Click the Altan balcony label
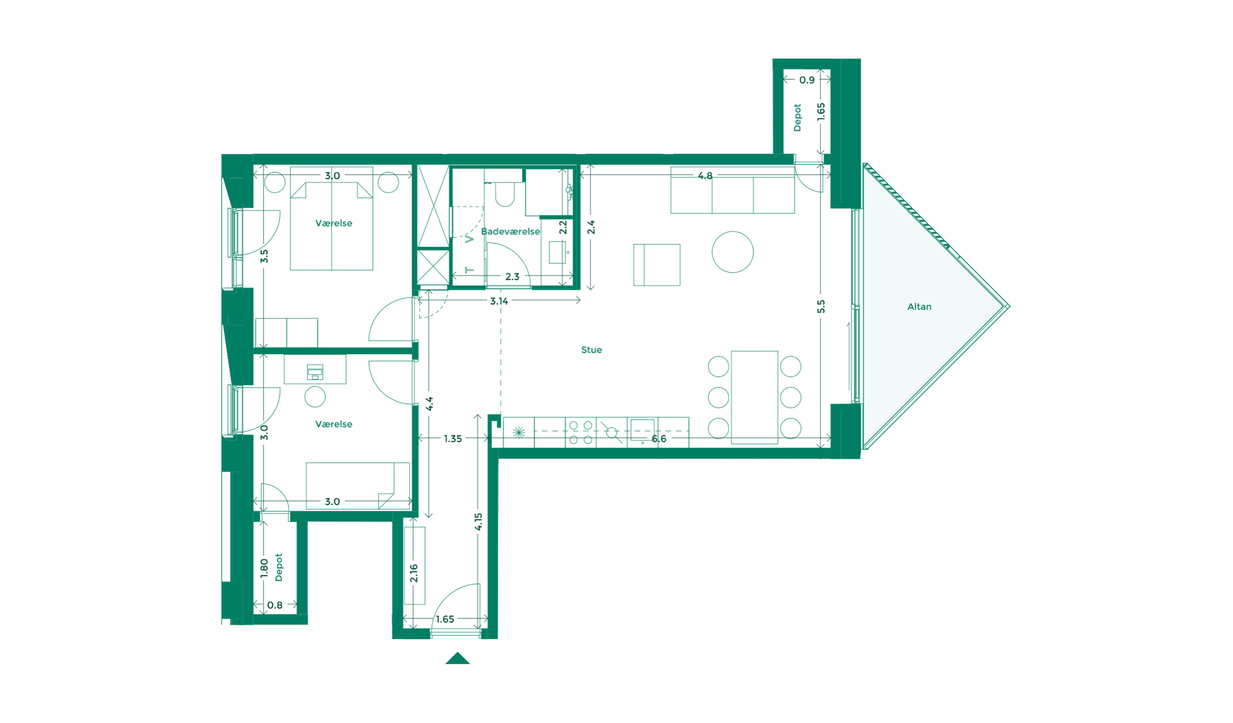tap(919, 307)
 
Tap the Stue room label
tap(591, 350)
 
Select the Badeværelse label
tap(510, 231)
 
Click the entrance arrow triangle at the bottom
tap(457, 659)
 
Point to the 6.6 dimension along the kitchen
tap(658, 439)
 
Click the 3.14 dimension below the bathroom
tap(499, 301)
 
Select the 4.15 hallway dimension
tap(478, 522)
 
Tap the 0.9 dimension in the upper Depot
tap(806, 80)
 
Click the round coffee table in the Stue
tap(732, 252)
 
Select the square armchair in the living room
tap(657, 265)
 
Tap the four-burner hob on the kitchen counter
tap(580, 432)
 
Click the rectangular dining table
tap(754, 397)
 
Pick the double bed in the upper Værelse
tap(332, 226)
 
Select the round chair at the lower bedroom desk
tap(315, 397)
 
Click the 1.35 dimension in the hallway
tap(452, 439)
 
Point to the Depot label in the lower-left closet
tap(278, 567)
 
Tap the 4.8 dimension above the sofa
tap(705, 176)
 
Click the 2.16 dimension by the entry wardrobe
tap(414, 573)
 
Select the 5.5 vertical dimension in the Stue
tap(821, 307)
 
